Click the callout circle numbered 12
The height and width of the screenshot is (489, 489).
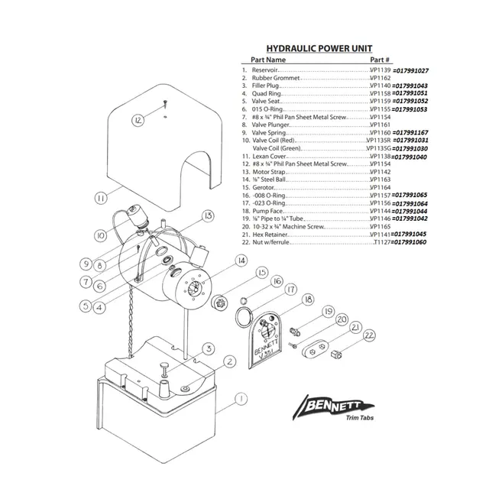click(x=138, y=120)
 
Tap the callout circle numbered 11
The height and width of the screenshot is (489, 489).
click(x=100, y=198)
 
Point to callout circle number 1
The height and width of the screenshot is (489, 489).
click(x=240, y=398)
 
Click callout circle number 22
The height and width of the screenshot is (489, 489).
click(x=369, y=335)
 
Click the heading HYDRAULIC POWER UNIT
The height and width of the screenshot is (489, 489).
click(x=319, y=47)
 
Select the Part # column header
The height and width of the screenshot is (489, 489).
click(x=380, y=59)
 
